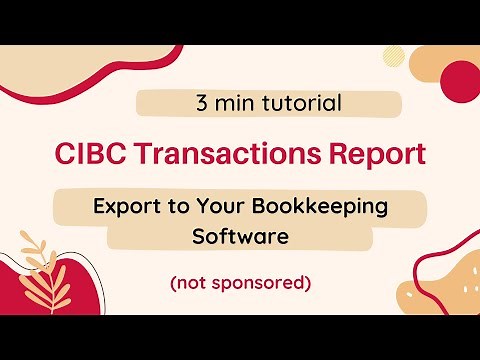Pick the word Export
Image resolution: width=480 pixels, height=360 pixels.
126,207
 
